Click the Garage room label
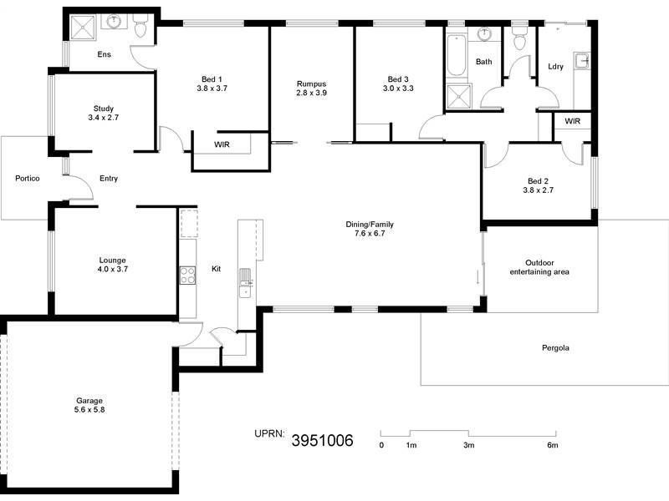coord(89,401)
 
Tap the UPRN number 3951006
coord(321,440)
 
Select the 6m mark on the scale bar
coord(552,446)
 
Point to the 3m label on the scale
coord(468,446)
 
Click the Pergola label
coord(554,347)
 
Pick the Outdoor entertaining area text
coord(540,266)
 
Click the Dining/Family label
coord(370,225)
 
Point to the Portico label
coord(28,179)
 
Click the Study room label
coord(104,109)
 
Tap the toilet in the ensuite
coord(140,29)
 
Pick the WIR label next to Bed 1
coord(222,144)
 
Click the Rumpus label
coord(310,83)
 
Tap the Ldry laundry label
coord(554,66)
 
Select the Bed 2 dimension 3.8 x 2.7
coord(537,190)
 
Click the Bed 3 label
coord(398,78)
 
